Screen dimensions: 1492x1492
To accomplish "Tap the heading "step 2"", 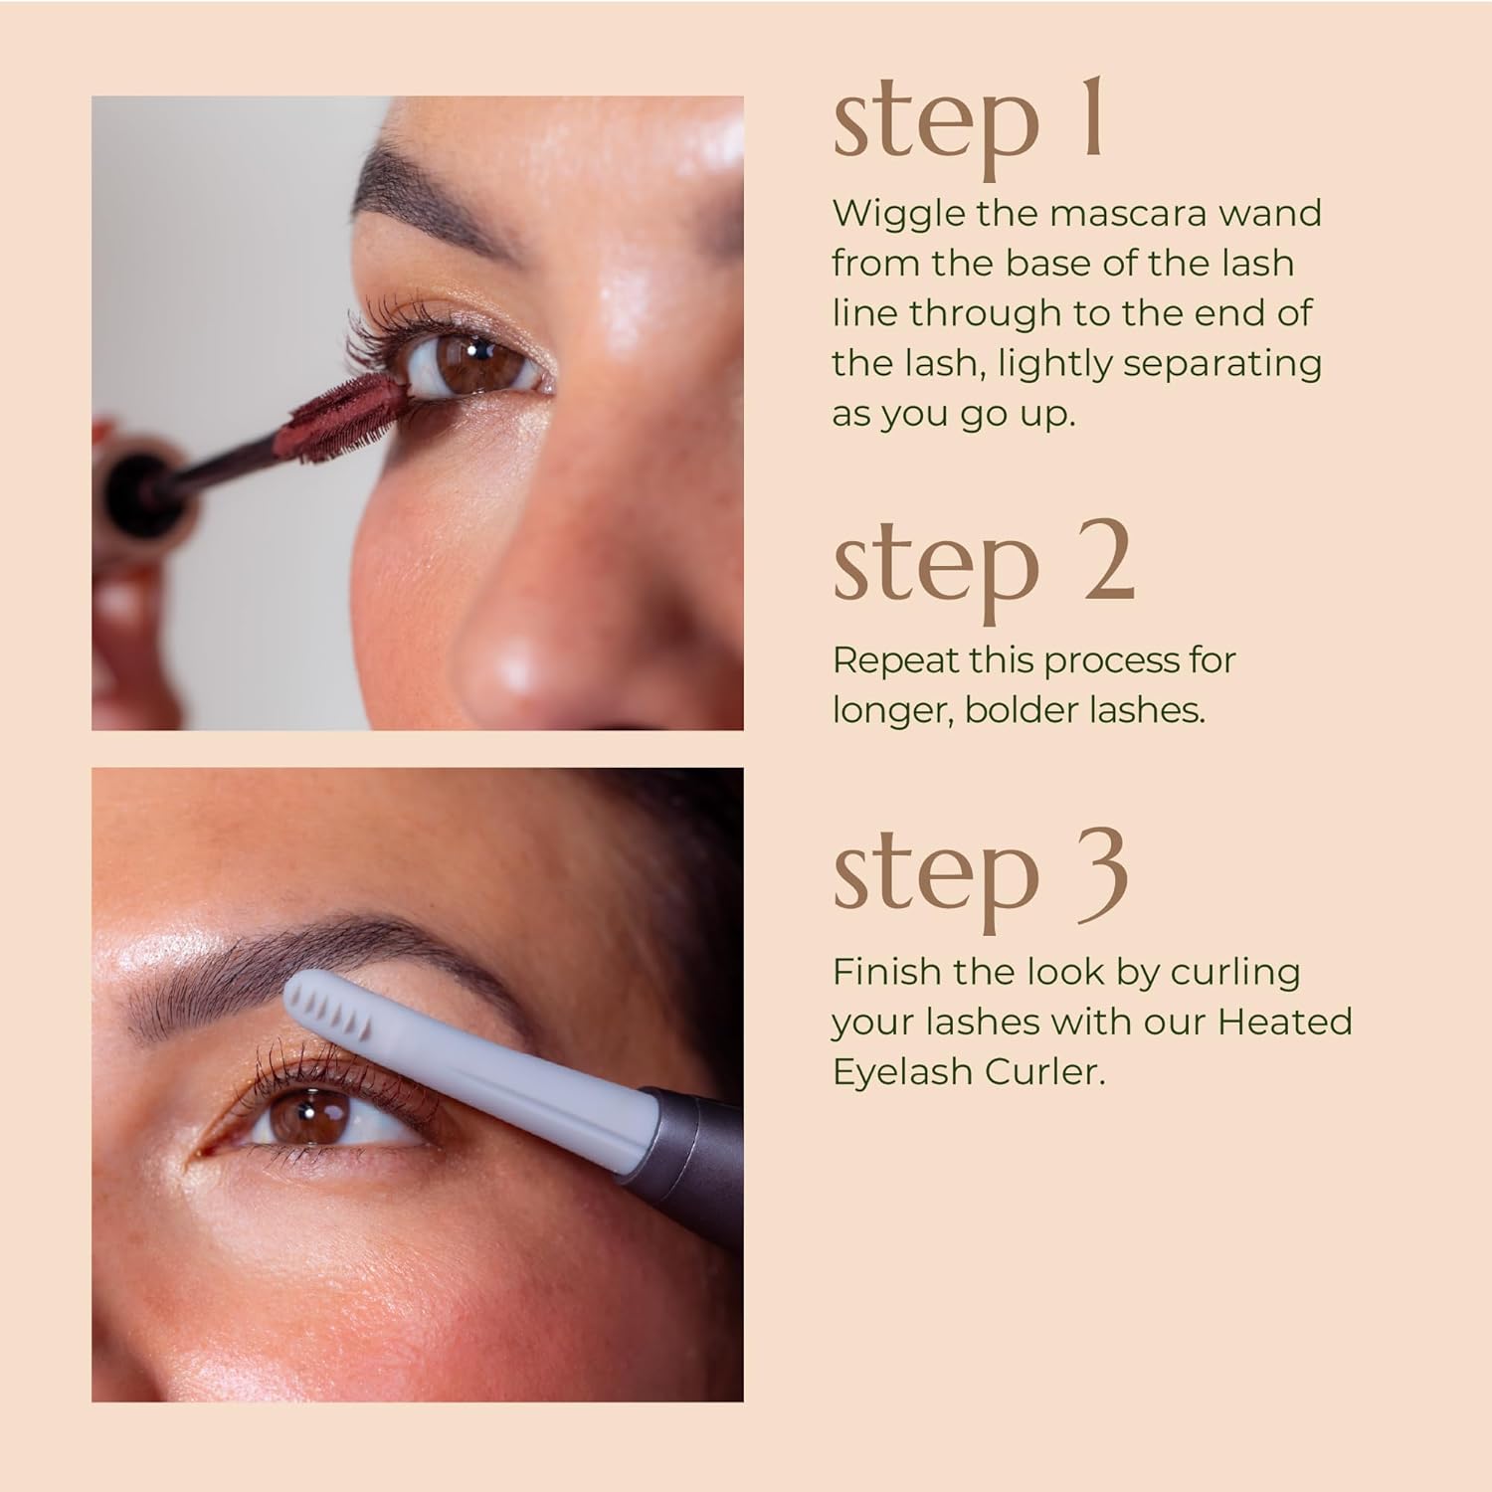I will [x=983, y=564].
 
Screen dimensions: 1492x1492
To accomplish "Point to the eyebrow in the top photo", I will [x=438, y=194].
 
